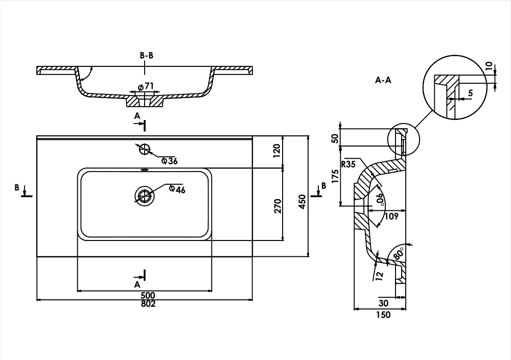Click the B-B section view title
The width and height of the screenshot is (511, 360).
click(147, 55)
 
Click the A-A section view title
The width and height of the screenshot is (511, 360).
click(383, 80)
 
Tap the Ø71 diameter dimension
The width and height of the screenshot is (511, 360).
click(146, 86)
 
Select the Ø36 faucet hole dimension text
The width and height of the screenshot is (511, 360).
click(170, 161)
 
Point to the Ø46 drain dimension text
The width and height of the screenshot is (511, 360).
click(177, 189)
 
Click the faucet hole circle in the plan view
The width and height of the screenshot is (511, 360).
click(144, 149)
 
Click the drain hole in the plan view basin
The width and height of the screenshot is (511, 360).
click(145, 196)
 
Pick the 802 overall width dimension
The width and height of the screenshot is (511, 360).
click(148, 304)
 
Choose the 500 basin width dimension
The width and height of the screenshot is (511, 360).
click(148, 296)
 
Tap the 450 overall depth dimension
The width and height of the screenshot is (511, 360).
click(302, 202)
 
